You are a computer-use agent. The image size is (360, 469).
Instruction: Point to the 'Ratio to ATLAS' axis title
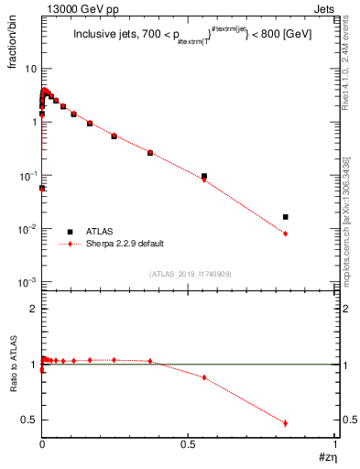[12, 364]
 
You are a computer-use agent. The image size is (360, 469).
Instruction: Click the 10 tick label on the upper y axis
[30, 69]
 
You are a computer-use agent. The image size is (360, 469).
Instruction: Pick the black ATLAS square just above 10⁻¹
[204, 176]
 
